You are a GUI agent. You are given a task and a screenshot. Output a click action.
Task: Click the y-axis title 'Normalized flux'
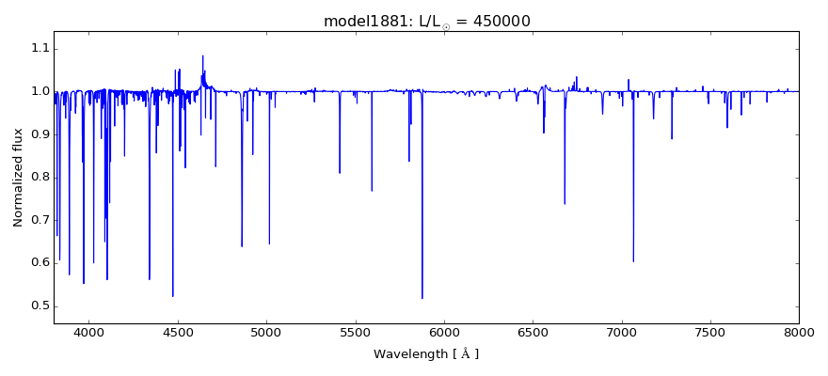(19, 177)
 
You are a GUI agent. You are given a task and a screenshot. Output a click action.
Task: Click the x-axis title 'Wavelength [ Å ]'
(426, 354)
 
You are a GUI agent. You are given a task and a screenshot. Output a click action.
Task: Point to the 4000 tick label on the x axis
(89, 334)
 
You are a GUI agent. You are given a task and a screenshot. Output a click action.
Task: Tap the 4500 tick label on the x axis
(178, 334)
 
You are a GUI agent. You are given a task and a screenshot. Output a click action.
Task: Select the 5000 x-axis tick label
(266, 334)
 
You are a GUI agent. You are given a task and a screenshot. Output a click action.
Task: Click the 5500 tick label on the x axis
(356, 334)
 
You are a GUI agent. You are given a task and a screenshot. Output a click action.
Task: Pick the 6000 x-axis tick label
(444, 334)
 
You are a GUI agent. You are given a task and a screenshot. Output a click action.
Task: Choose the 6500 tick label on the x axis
(533, 334)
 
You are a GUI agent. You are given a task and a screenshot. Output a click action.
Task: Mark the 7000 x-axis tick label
(621, 334)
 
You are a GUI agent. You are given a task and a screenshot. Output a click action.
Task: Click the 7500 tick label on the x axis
(710, 334)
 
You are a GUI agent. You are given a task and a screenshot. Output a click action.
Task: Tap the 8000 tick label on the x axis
(799, 334)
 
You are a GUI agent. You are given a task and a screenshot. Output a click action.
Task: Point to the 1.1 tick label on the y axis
(38, 49)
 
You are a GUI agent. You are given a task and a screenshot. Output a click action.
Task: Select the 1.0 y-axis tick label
(38, 91)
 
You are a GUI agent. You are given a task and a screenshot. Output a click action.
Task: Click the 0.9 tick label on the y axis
(38, 134)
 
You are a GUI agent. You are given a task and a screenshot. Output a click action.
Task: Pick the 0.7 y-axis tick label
(38, 220)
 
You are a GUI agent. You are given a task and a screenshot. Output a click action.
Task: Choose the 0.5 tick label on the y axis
(38, 305)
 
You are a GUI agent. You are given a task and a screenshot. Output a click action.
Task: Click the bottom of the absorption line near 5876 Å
(422, 298)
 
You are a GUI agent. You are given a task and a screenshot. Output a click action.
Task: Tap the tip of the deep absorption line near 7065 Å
(633, 261)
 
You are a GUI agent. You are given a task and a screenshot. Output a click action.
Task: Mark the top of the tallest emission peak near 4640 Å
(202, 55)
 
